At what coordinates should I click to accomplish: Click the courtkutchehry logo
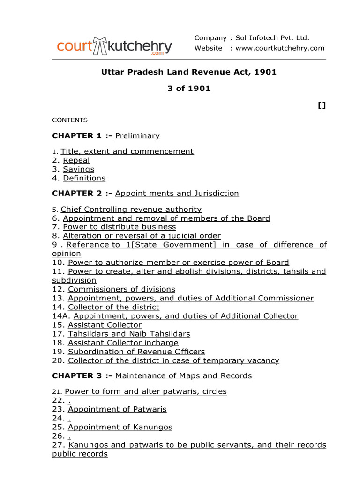pos(114,46)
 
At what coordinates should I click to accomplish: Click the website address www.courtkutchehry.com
pos(280,48)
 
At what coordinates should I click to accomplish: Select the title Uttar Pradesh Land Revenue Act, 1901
pos(189,72)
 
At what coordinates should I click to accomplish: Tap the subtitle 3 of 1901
pos(189,88)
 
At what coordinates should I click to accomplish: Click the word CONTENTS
pos(70,120)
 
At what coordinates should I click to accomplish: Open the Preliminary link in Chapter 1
pos(137,136)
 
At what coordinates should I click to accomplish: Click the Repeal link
pos(76,160)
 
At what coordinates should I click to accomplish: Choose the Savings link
pos(79,169)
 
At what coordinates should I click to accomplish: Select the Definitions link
pos(84,178)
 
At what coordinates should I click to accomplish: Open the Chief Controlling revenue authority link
pos(131,210)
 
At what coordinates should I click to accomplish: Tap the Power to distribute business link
pos(120,227)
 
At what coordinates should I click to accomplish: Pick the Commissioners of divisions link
pos(121,289)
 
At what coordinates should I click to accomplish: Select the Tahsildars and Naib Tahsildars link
pos(129,334)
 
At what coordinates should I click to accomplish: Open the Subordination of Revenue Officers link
pos(136,352)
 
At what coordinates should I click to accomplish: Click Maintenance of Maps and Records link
pos(183,376)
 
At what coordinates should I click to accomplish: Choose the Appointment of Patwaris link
pos(117,409)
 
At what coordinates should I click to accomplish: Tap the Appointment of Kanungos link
pos(120,427)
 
